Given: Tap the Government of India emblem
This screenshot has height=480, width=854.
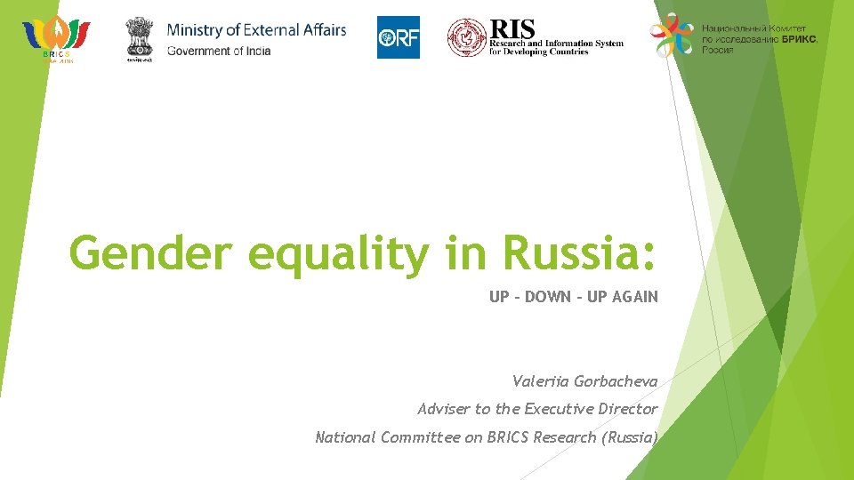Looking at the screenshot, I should [139, 36].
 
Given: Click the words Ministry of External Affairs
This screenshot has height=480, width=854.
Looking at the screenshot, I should [256, 30].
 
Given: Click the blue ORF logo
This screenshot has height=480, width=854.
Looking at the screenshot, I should [398, 37].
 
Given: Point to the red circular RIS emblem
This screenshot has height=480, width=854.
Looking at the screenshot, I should [466, 37].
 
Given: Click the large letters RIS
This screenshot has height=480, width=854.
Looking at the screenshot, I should [512, 29].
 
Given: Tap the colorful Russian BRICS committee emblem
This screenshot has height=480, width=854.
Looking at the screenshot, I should [673, 36].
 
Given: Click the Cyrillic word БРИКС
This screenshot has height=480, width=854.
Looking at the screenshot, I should [795, 40].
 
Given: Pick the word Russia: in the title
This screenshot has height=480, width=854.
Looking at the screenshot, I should [579, 253].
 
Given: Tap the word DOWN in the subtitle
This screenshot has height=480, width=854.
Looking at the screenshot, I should [548, 297].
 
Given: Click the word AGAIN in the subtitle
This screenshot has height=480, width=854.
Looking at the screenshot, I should [635, 297].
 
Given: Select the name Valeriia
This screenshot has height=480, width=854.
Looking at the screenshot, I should [542, 381].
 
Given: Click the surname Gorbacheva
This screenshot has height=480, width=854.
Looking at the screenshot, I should [616, 381].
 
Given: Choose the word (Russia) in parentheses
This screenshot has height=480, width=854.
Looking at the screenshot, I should [629, 436].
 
